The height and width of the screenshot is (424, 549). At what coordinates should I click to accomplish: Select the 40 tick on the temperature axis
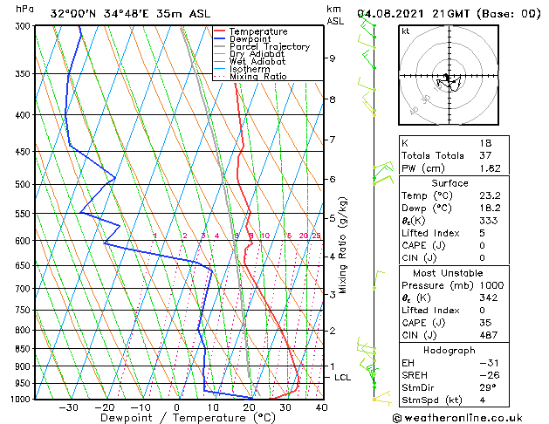[x=321, y=407]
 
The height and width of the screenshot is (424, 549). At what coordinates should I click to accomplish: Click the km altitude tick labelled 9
[x=332, y=58]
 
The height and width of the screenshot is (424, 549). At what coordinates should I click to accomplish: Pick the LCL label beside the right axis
[x=343, y=377]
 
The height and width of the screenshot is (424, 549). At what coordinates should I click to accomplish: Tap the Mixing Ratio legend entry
[x=257, y=77]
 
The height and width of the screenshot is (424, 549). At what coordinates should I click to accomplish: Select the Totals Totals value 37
[x=487, y=155]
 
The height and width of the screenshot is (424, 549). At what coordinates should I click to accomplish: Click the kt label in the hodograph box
[x=405, y=31]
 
